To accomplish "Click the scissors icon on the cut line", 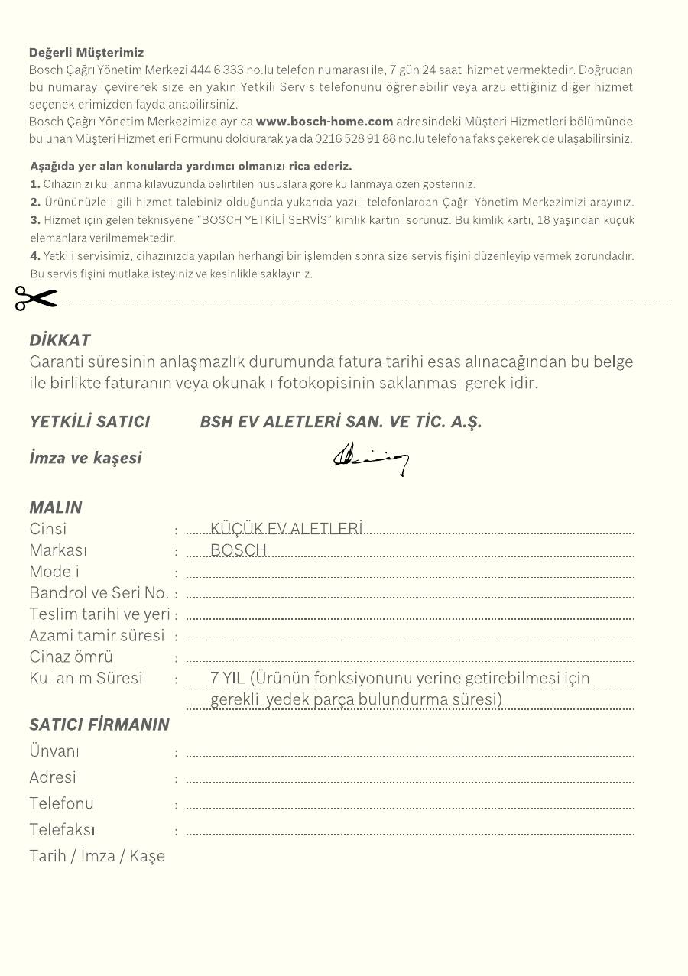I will [x=35, y=299].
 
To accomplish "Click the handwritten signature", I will [x=371, y=459].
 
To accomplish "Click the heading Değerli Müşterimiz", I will [x=86, y=53].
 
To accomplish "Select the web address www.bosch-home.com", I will [x=324, y=121].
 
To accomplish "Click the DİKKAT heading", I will [x=60, y=340].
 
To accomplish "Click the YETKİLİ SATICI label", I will [x=89, y=421].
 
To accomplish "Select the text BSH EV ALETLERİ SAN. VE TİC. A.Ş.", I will [x=341, y=421].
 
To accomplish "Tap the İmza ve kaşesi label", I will [x=86, y=458].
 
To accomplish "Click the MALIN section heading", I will [x=56, y=507].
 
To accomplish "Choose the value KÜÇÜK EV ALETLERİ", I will [x=286, y=528].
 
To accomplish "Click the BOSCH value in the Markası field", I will [x=239, y=550].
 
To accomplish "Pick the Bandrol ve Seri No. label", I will [x=99, y=592].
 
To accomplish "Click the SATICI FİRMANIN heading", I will [x=99, y=725].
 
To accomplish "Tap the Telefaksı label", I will [x=62, y=829].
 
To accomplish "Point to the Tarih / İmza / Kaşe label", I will [x=97, y=855].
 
